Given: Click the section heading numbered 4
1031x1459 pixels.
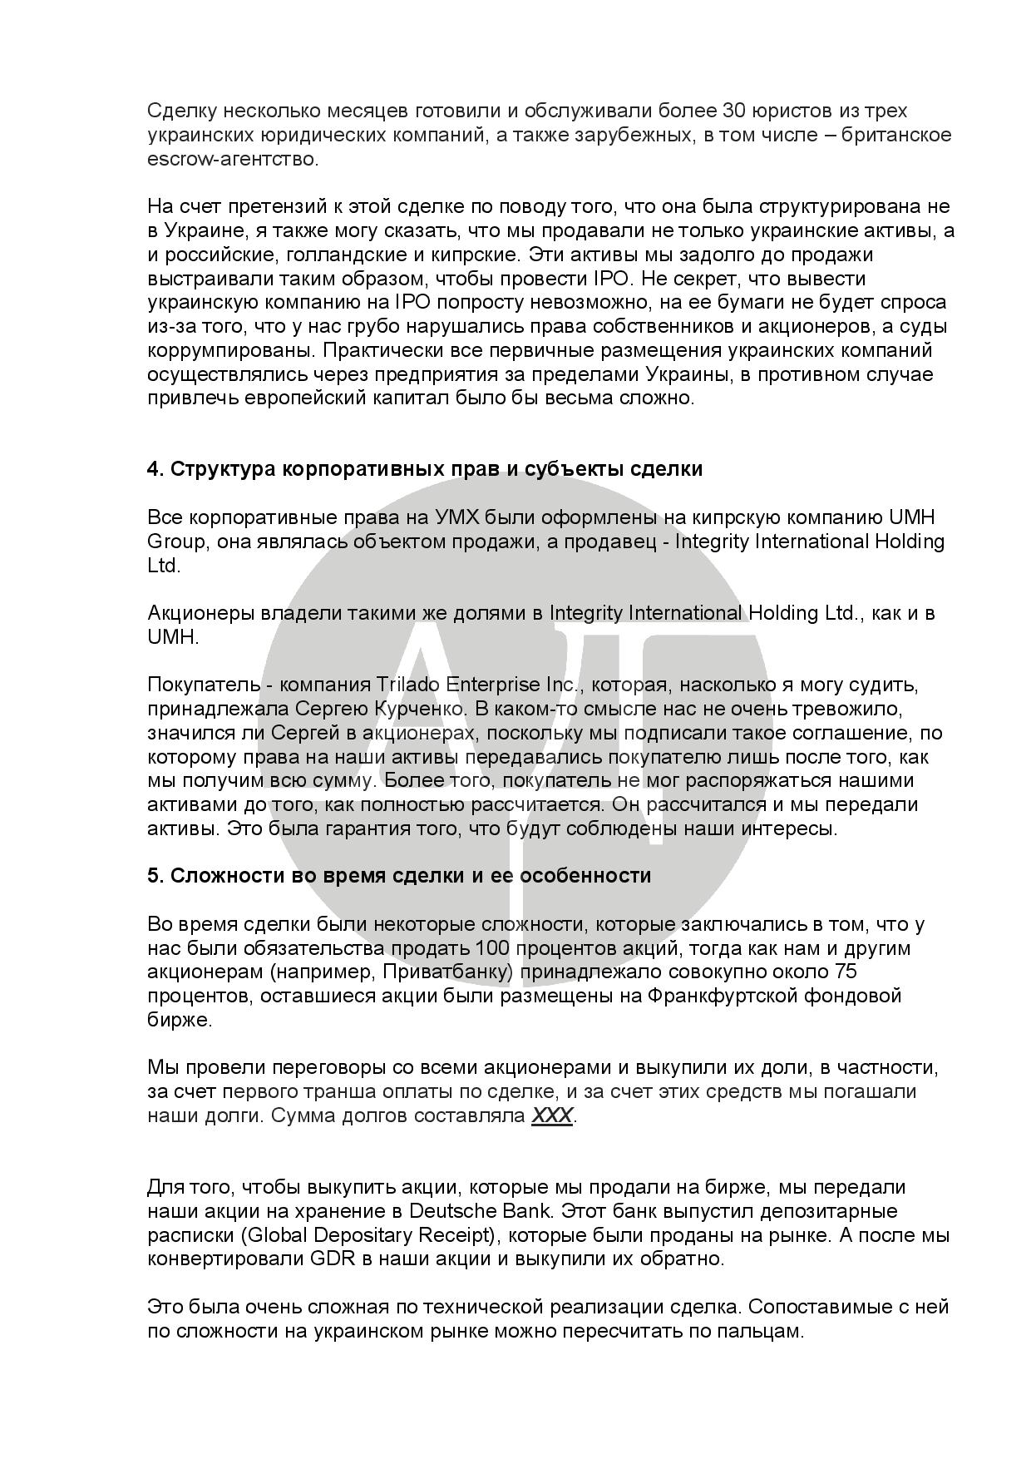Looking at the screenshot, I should click(424, 469).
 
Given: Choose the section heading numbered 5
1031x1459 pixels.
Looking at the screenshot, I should click(398, 876).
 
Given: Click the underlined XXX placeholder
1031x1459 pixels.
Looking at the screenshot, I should click(551, 1115).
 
